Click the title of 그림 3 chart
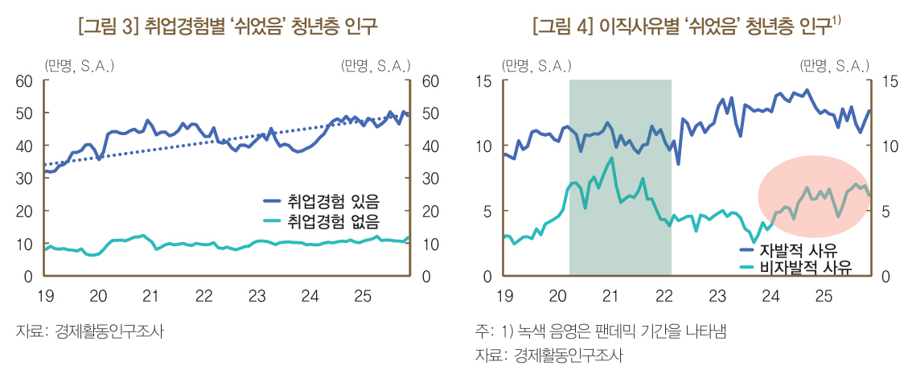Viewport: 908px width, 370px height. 228,27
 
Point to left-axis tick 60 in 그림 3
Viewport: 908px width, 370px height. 23,81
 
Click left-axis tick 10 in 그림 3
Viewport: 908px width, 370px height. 23,245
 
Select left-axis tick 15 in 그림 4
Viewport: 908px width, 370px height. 484,81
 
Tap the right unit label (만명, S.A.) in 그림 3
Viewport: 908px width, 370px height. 376,64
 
